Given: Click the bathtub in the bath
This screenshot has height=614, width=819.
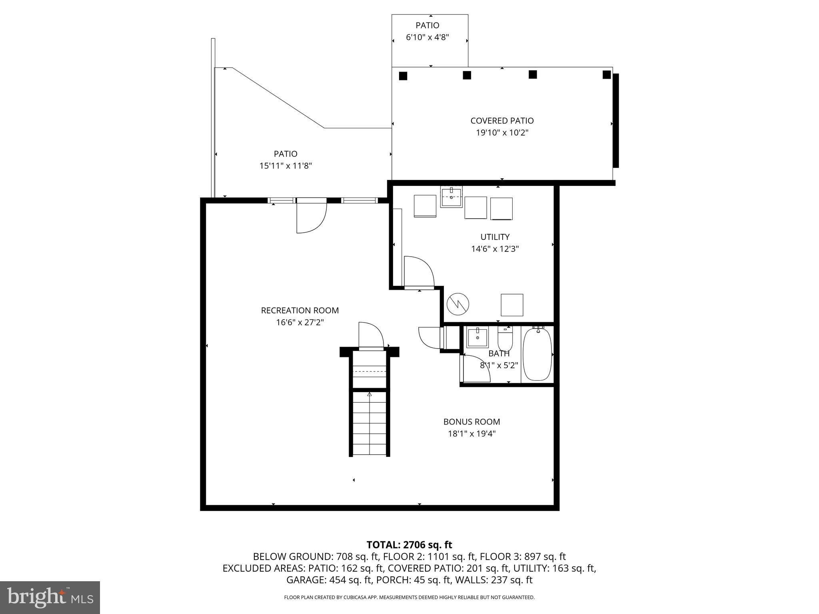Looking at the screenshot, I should (537, 354).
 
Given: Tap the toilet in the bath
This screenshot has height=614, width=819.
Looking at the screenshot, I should (505, 340).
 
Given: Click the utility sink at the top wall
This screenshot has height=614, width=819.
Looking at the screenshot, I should (451, 197).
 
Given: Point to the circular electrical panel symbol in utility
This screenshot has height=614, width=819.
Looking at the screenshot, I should (458, 304).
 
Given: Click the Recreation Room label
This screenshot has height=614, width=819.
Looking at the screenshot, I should (300, 310).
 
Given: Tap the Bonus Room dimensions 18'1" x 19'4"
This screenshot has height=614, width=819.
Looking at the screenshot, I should (471, 434).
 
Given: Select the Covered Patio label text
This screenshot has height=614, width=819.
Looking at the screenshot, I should (502, 121).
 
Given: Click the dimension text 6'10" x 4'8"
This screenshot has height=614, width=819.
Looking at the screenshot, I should (427, 38).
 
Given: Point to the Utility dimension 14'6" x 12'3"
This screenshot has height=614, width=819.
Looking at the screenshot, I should (495, 249).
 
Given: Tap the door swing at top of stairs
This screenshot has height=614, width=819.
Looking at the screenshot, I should (371, 336).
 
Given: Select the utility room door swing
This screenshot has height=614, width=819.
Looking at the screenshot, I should (418, 271).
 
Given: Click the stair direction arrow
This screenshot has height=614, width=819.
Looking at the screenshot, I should (370, 395).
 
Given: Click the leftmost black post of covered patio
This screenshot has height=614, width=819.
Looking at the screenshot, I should (403, 76).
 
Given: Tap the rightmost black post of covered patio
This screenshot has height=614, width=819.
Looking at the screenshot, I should (607, 75).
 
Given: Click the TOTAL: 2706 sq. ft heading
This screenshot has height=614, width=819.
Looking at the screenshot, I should (409, 545).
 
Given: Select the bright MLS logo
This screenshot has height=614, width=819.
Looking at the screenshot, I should (50, 597).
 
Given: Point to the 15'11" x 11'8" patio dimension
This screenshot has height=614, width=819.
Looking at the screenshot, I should (286, 166).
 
